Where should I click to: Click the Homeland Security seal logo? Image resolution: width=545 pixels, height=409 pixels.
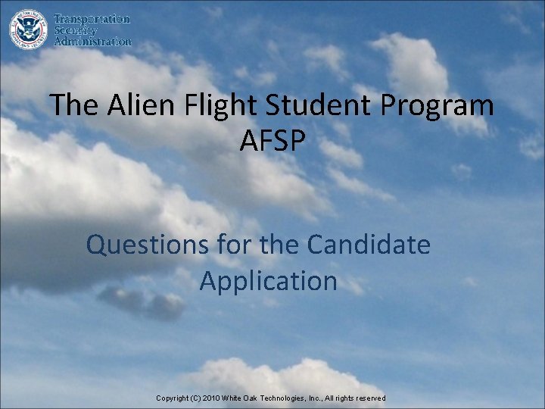pyautogui.click(x=27, y=28)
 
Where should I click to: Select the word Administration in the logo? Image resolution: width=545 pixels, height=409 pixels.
pyautogui.click(x=92, y=42)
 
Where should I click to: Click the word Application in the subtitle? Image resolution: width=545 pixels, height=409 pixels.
pyautogui.click(x=269, y=281)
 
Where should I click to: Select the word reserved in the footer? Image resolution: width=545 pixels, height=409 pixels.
pyautogui.click(x=369, y=398)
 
